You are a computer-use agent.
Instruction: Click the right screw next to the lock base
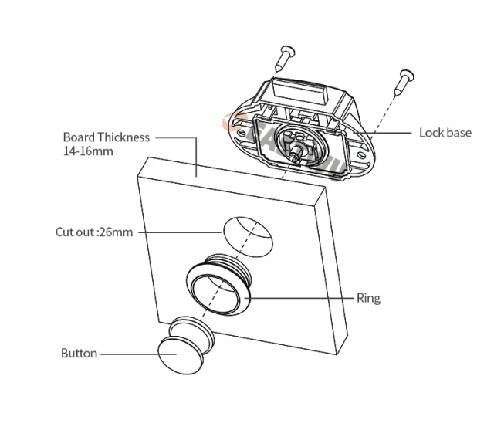(404, 80)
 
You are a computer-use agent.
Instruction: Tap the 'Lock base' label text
(445, 133)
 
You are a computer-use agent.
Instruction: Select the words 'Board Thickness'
(106, 137)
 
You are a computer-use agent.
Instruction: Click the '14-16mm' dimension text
(88, 151)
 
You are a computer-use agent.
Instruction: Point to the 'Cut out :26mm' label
(94, 232)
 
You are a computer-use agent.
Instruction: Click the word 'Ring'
(368, 298)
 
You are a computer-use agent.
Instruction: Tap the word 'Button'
(79, 354)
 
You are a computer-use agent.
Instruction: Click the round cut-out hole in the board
(248, 235)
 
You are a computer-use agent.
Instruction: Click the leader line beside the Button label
(127, 354)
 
